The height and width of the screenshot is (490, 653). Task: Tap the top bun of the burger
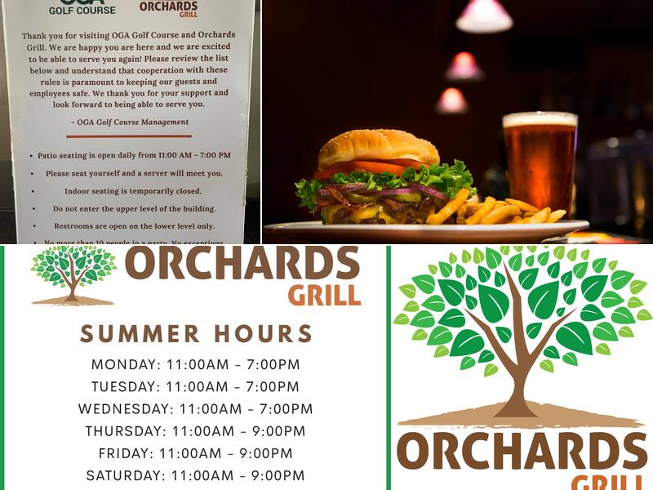[x=378, y=148]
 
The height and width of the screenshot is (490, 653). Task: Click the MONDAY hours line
[x=195, y=364]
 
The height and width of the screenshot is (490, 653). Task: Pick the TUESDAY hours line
[x=195, y=386]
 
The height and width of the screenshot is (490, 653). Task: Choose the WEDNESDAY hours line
[x=195, y=408]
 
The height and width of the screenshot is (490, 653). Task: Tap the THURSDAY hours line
[x=195, y=430]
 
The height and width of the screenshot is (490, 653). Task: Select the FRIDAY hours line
[x=195, y=452]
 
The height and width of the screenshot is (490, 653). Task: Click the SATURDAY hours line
[x=195, y=474]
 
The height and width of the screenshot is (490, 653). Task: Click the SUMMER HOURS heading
[x=196, y=333]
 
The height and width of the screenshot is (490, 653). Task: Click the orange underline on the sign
[x=129, y=136]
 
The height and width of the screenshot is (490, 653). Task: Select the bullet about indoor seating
[x=134, y=191]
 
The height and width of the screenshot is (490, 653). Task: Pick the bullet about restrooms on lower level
[x=134, y=225]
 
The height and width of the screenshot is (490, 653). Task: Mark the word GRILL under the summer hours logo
[x=325, y=294]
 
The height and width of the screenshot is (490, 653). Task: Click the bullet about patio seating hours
[x=134, y=155]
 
